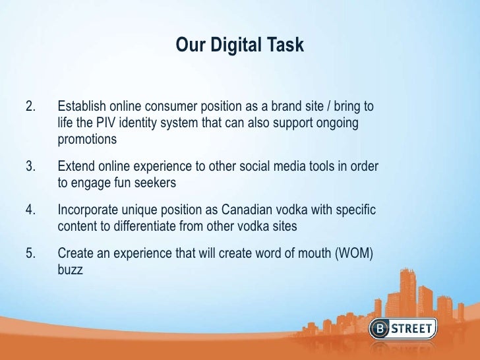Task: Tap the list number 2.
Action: pyautogui.click(x=29, y=106)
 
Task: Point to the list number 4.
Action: pyautogui.click(x=29, y=210)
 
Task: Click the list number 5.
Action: pyautogui.click(x=29, y=254)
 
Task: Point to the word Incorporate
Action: pyautogui.click(x=88, y=210)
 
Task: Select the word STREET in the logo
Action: pyautogui.click(x=433, y=328)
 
